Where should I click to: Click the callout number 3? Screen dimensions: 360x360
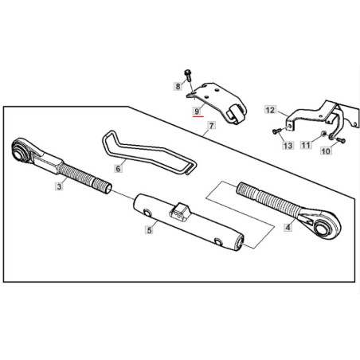coord(59,186)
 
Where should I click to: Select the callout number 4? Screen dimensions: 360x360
coord(288,227)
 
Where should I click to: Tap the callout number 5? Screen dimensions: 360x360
coord(149,230)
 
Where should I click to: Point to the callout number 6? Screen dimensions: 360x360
coord(118,168)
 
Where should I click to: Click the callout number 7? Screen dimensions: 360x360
coord(211,125)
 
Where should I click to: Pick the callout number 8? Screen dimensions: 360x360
coord(178,86)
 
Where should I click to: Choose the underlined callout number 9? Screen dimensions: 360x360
coord(197,111)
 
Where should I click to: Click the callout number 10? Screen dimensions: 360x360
coord(326,151)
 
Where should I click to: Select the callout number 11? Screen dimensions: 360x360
coord(306,145)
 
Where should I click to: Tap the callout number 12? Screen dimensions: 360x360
coord(270,110)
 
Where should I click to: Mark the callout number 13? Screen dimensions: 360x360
coord(288,146)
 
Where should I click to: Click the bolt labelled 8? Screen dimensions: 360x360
coord(188,75)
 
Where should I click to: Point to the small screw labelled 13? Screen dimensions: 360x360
coord(276,131)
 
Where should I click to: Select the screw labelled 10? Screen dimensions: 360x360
coord(341,140)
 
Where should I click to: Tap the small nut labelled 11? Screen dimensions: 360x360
coord(323,133)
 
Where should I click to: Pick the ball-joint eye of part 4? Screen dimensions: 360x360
coord(324,227)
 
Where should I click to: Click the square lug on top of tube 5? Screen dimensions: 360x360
coord(180,212)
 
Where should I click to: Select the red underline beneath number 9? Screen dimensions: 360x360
coord(198,116)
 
